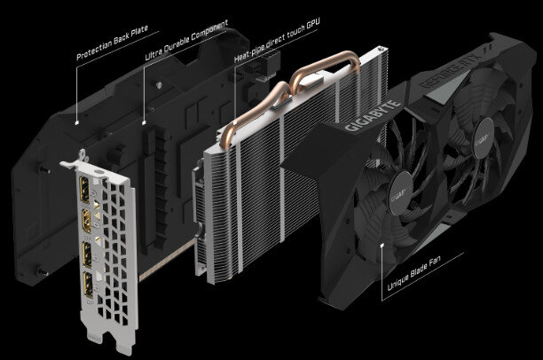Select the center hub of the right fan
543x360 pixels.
pos(486,140)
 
